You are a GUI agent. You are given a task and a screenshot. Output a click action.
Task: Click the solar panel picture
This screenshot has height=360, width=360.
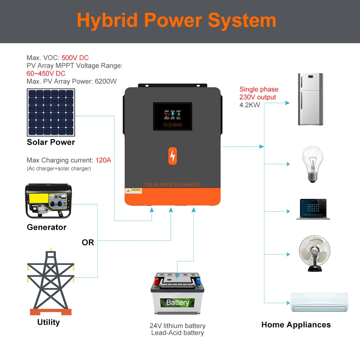click(51, 112)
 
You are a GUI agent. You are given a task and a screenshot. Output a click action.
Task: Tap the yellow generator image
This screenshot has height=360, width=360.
click(48, 201)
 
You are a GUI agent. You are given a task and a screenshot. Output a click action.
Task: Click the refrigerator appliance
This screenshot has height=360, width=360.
click(310, 99)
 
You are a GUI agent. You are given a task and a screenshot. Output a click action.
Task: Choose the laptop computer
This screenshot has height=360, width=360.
click(313, 209)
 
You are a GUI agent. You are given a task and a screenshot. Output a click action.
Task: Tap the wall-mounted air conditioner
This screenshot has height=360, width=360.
click(319, 302)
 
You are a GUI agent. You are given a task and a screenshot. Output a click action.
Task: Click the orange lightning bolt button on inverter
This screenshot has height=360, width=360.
click(173, 156)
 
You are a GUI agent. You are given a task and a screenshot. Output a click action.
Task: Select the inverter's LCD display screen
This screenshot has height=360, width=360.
click(172, 116)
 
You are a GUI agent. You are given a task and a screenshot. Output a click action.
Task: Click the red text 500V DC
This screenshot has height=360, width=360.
click(75, 58)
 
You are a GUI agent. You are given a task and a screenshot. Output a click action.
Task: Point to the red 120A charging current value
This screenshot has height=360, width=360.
click(103, 160)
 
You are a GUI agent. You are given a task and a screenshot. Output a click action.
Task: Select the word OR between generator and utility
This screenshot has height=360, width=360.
click(88, 243)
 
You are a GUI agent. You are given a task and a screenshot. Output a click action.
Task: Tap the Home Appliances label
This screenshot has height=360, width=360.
click(296, 325)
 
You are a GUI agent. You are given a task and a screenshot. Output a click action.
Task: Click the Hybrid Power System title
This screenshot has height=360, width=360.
click(176, 21)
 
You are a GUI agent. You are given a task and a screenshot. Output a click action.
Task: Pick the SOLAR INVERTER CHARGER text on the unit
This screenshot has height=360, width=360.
click(173, 185)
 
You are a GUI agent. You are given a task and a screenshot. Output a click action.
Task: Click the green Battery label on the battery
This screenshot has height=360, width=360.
click(177, 302)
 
